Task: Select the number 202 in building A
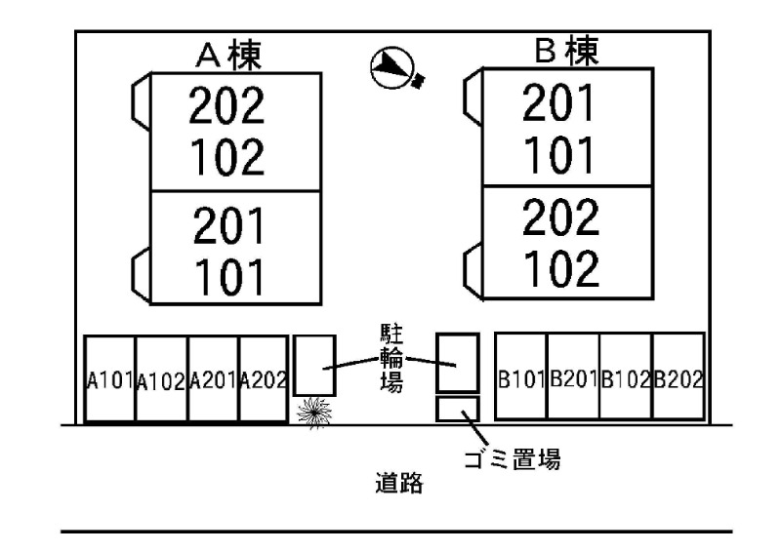(226, 108)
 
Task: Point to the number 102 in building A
(226, 156)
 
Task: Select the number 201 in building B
(559, 103)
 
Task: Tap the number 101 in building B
(559, 153)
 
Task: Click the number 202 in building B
(559, 219)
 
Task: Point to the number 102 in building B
(559, 268)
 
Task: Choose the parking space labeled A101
(109, 379)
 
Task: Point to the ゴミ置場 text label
(516, 459)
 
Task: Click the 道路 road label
(399, 483)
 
